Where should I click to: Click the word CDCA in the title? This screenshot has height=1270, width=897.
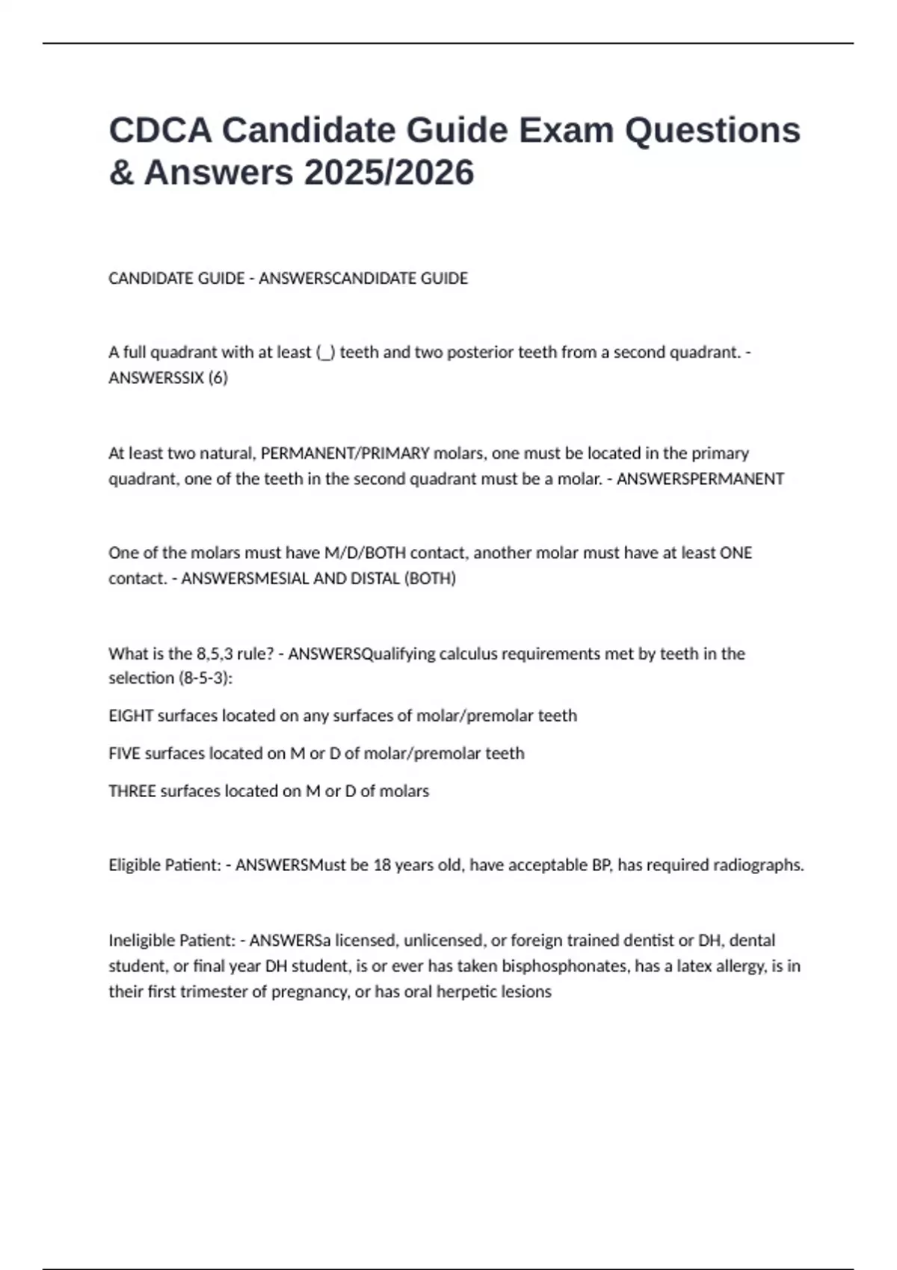[158, 130]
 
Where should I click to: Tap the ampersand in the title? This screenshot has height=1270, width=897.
[121, 173]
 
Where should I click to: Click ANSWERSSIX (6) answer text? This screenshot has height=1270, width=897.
[168, 378]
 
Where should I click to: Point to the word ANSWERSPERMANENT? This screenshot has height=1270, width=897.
[700, 479]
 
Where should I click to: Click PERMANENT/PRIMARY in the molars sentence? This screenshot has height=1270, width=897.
[345, 453]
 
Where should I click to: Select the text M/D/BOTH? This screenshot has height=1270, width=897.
[366, 553]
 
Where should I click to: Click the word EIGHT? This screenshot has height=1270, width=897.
[131, 716]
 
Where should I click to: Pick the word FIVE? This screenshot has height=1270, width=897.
[124, 753]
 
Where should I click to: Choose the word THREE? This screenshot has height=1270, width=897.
[132, 791]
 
